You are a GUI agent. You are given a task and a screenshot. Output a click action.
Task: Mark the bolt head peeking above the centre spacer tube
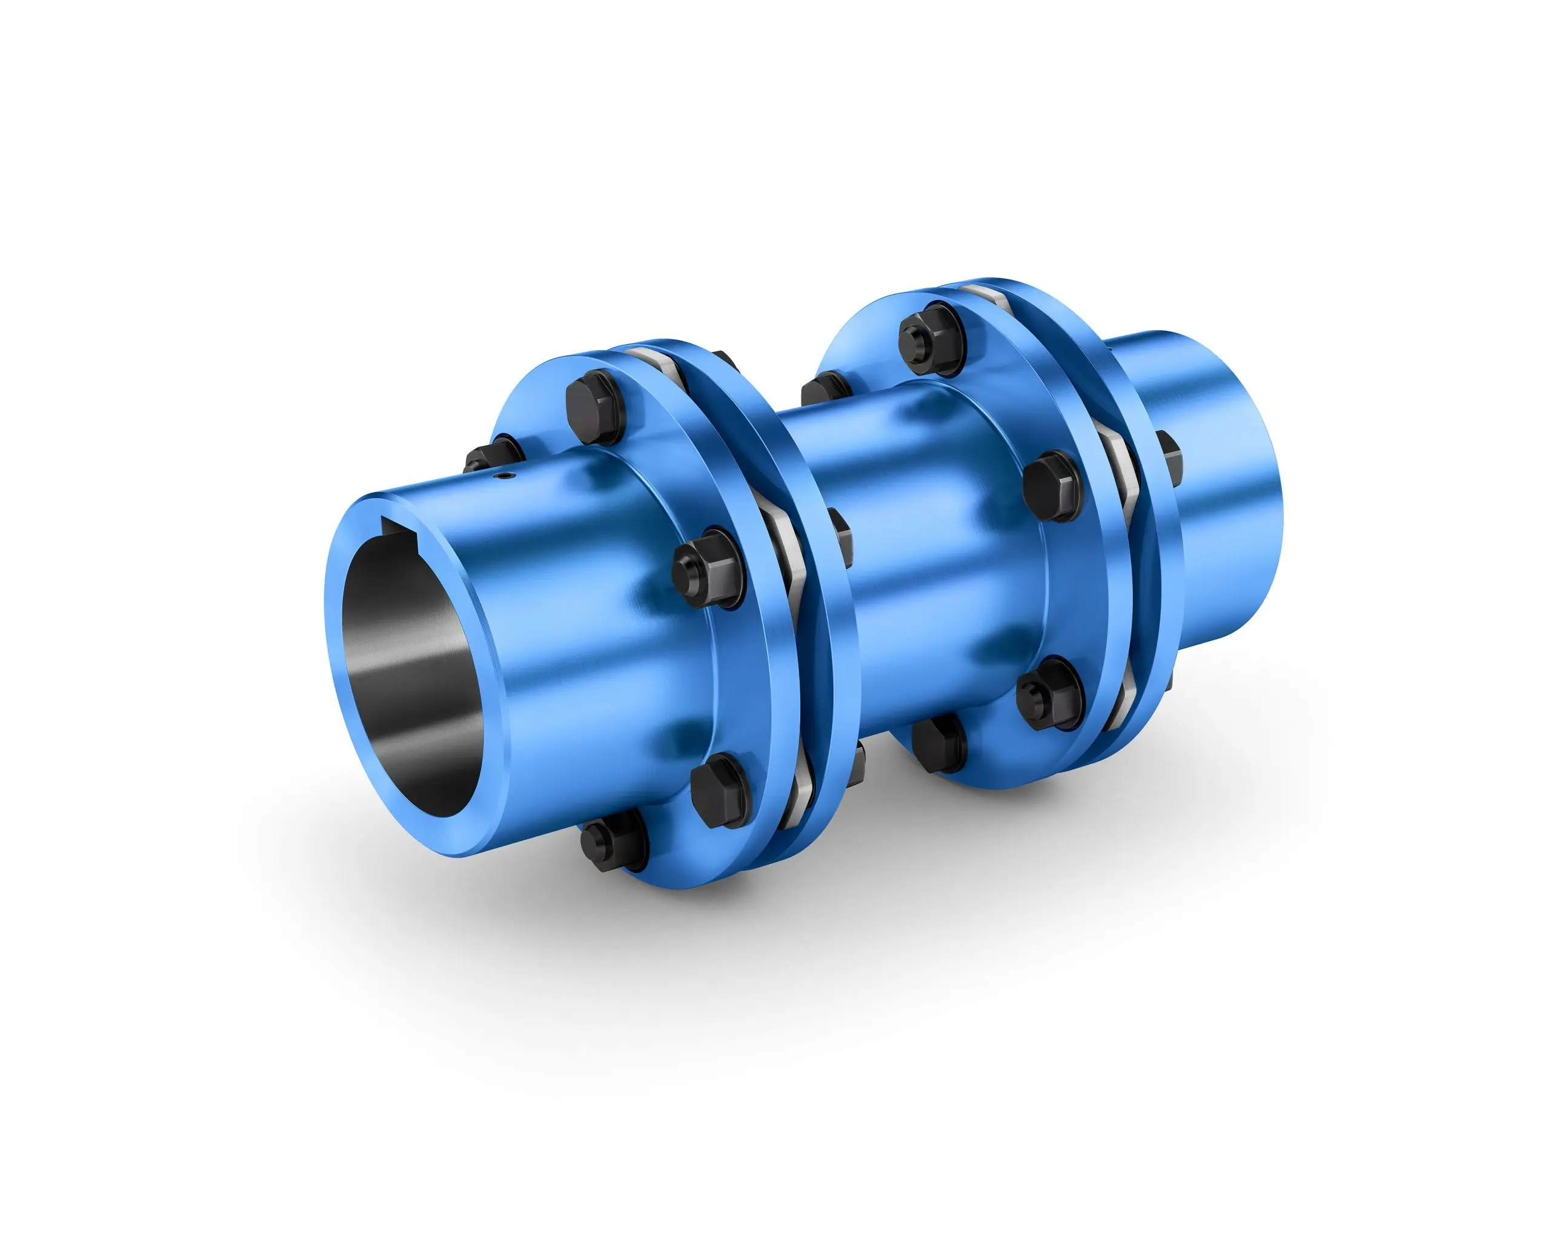(x=827, y=389)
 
